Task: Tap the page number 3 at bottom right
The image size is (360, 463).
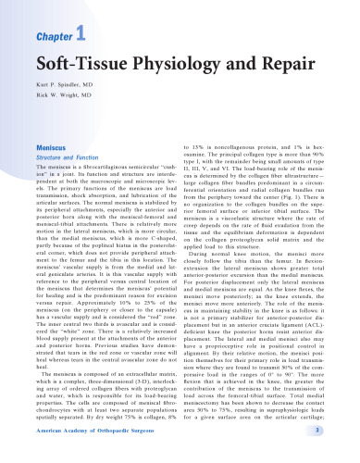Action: click(342, 454)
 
